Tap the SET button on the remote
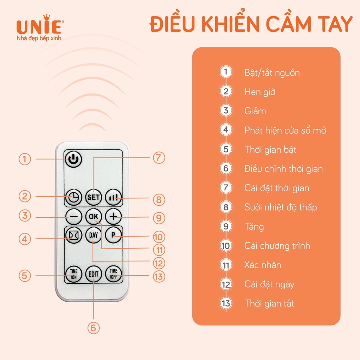pyautogui.click(x=93, y=197)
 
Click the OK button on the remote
pyautogui.click(x=93, y=217)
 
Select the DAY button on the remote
pyautogui.click(x=93, y=236)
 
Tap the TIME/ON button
pyautogui.click(x=73, y=273)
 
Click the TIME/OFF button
pyautogui.click(x=113, y=273)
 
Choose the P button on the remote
pyautogui.click(x=113, y=236)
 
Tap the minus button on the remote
pyautogui.click(x=73, y=217)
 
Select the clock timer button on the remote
pyautogui.click(x=73, y=197)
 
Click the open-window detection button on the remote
pyautogui.click(x=73, y=236)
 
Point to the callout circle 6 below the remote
pyautogui.click(x=94, y=328)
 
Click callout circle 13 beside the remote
pyautogui.click(x=159, y=276)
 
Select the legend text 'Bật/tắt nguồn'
pyautogui.click(x=272, y=73)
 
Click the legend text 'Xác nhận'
pyautogui.click(x=263, y=265)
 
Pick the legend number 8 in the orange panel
pyautogui.click(x=226, y=207)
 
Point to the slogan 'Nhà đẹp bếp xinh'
pyautogui.click(x=39, y=38)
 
